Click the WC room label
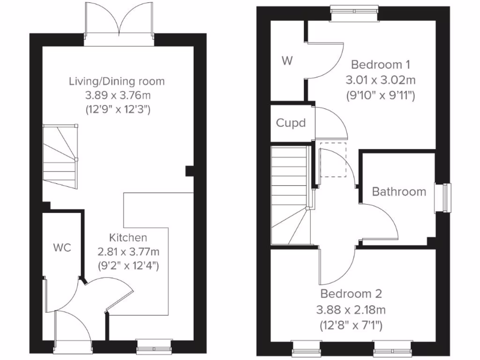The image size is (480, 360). tap(62, 248)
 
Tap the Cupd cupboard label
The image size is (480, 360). tap(291, 123)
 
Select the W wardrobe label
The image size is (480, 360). tap(287, 60)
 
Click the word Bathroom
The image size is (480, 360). tap(399, 191)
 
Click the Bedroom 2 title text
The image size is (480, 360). tap(351, 294)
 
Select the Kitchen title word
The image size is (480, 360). tap(128, 238)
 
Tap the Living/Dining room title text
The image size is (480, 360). tap(117, 81)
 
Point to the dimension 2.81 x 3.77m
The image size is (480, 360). tap(128, 252)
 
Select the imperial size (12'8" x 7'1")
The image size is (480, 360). tap(351, 324)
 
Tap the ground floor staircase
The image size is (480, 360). tap(60, 157)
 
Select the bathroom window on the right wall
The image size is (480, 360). tap(443, 198)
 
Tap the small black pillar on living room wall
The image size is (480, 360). tap(189, 171)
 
